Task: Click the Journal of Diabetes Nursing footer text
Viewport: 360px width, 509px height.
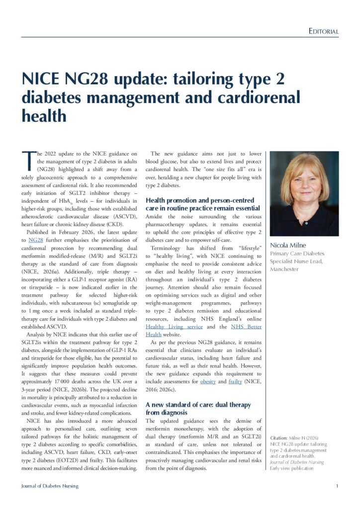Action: (x=49, y=486)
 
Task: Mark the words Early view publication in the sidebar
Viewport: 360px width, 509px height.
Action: (x=292, y=468)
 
